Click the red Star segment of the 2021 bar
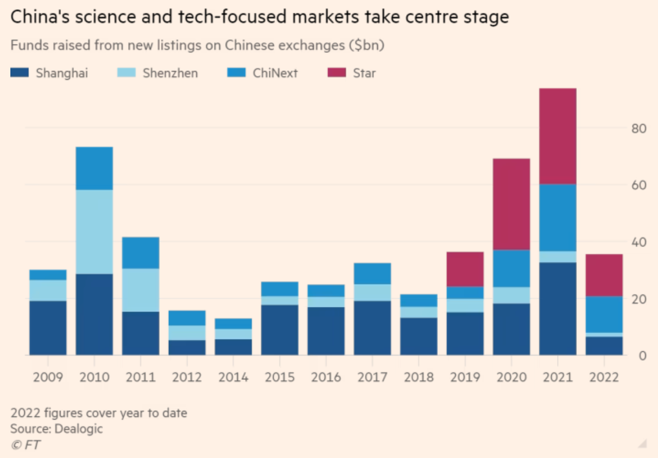pos(557,136)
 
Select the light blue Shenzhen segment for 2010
pos(94,231)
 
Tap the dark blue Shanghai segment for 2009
pos(48,327)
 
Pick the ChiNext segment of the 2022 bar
pos(604,314)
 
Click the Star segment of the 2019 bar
pos(465,269)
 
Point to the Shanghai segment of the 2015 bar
pos(279,330)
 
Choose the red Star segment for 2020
pos(511,204)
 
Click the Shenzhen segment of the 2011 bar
pos(140,290)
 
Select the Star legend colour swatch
pos(337,73)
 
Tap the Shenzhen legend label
pos(170,73)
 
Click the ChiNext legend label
pos(275,73)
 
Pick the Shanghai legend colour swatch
pos(20,73)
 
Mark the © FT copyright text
pos(25,445)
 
